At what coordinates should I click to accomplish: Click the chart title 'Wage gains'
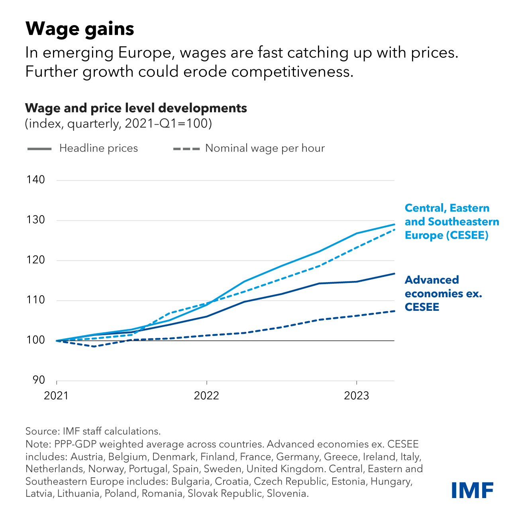coord(80,29)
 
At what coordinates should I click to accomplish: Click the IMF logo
coord(473,490)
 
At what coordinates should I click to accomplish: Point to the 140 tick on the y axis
coord(36,180)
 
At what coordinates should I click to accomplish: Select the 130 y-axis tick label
coord(36,220)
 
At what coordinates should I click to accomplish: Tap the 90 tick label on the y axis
coord(39,380)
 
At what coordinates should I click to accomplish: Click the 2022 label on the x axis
coord(206,395)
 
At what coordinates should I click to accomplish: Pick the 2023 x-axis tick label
coord(356,395)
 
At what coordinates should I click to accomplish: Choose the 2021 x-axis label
coord(56,395)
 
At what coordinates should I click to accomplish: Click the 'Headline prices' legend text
coord(98,148)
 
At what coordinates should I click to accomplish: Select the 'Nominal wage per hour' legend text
coord(265,148)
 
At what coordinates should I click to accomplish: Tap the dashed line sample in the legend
coord(186,149)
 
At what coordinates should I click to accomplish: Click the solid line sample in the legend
coord(39,149)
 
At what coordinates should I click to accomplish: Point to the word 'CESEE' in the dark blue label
coord(422,307)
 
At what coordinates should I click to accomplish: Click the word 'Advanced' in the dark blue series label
coord(432,280)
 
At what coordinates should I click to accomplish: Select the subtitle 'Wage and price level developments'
coord(136,108)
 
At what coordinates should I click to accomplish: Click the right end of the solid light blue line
coord(394,224)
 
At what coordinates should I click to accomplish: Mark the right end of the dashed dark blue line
coord(394,311)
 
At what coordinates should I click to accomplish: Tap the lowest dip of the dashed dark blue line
coord(94,346)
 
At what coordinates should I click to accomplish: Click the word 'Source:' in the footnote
coord(42,431)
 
